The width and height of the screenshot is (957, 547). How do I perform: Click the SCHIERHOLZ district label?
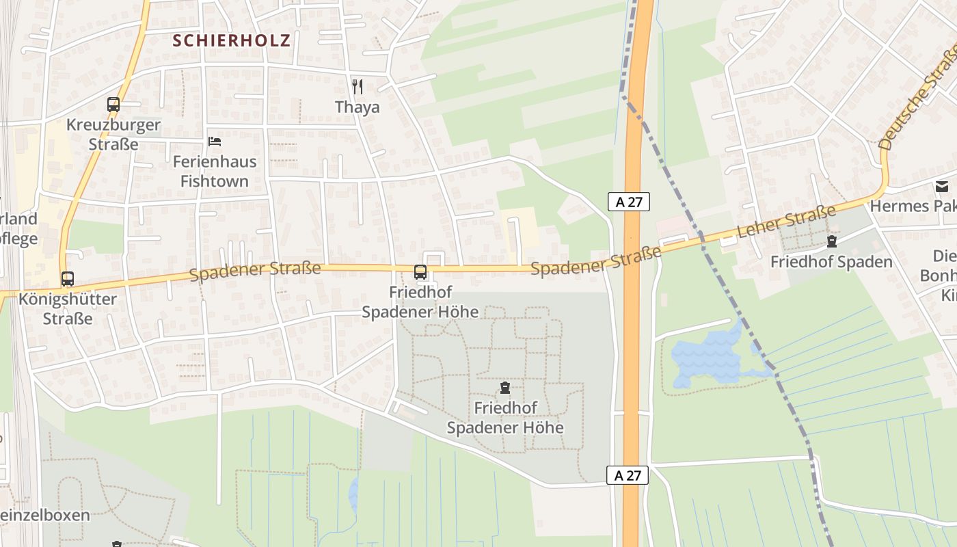231,40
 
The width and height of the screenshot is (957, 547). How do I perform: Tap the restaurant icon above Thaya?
357,86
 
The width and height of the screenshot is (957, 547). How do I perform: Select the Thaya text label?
357,107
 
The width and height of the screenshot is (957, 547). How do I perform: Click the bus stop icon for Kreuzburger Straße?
113,105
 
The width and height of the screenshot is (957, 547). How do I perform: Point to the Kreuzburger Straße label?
113,135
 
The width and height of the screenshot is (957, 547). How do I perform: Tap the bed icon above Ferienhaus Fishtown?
215,142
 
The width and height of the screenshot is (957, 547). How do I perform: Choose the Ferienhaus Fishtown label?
215,172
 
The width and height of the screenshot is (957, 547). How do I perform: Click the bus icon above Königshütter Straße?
67,279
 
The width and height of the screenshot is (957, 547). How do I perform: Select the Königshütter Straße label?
68,308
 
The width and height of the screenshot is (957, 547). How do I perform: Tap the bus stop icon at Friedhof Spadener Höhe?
420,272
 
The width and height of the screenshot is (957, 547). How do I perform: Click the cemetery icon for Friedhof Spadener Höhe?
505,388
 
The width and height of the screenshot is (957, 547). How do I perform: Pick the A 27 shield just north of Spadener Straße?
628,202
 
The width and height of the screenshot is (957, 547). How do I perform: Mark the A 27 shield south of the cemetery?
628,475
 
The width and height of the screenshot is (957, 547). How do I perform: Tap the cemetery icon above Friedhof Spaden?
831,241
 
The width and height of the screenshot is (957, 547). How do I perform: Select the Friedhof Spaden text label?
831,262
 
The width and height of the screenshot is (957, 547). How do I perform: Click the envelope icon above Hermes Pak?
942,186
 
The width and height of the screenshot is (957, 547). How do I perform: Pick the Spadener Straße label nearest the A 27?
596,261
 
